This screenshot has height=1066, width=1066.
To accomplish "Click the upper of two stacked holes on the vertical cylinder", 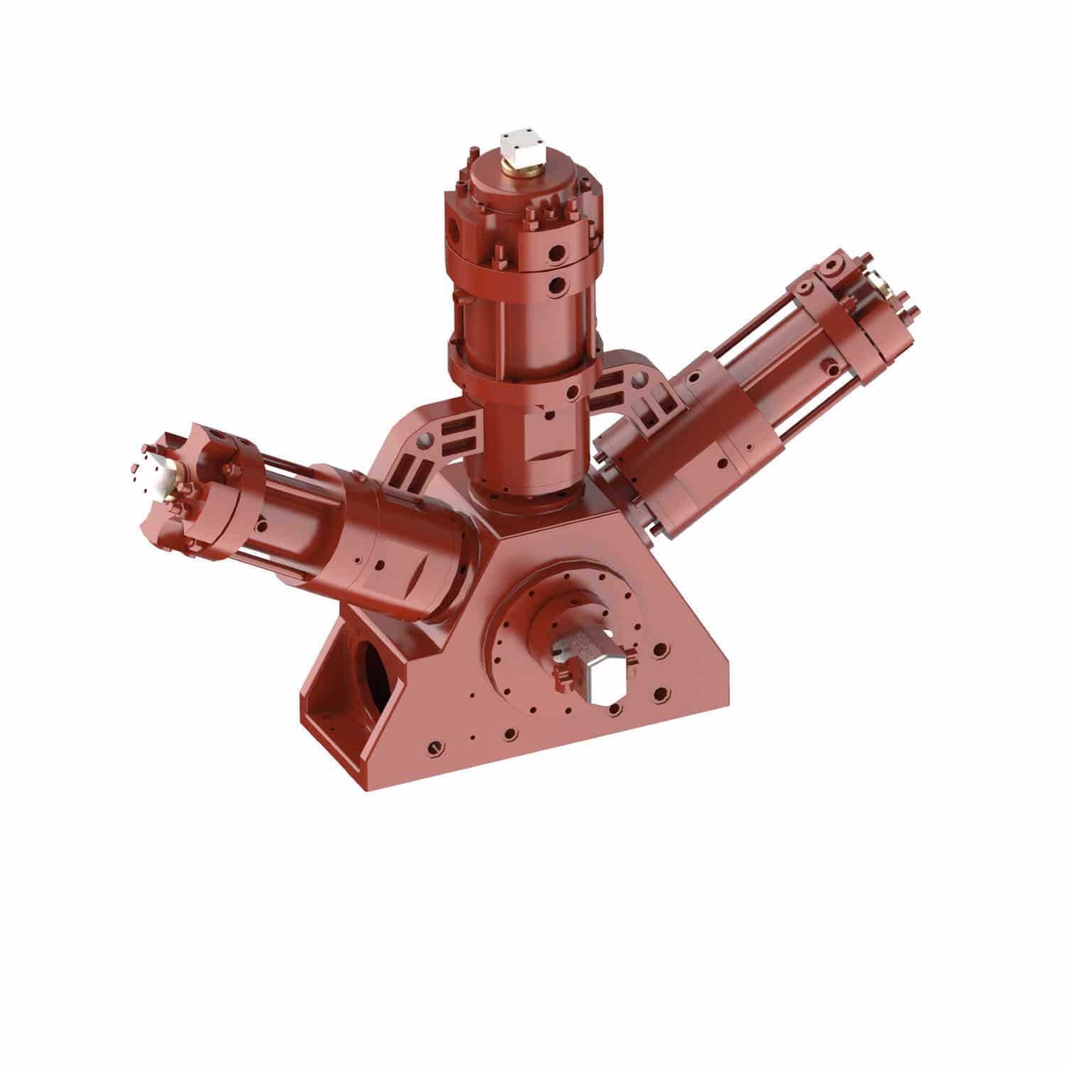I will click(x=559, y=252).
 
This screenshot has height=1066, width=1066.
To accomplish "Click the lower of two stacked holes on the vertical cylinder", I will click(x=557, y=285).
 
